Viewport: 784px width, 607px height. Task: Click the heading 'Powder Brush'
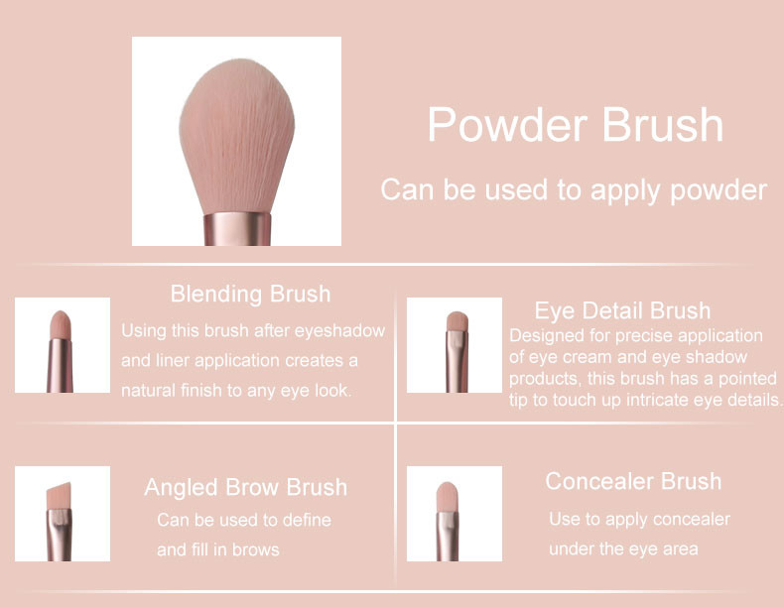point(575,126)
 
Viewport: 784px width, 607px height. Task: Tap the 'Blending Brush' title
point(250,294)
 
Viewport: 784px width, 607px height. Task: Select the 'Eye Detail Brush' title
point(622,311)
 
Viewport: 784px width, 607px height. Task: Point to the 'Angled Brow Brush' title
point(245,487)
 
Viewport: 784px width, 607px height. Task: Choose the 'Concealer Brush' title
point(633,481)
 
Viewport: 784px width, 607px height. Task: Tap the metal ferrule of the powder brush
point(238,228)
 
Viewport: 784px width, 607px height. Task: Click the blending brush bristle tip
point(61,323)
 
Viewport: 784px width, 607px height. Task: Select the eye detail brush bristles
point(457,321)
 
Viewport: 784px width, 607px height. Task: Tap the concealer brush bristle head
point(447,493)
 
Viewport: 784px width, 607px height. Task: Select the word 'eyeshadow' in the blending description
point(343,330)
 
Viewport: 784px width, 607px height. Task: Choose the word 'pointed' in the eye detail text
point(748,379)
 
